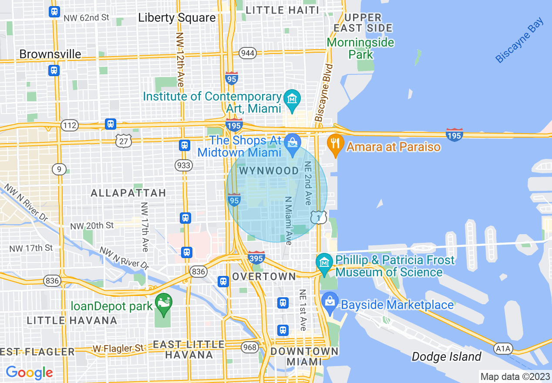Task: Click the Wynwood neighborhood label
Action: [x=269, y=171]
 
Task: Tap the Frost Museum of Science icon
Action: [x=324, y=263]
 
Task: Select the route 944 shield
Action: [x=248, y=53]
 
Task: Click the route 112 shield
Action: [x=70, y=126]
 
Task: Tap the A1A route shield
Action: [x=504, y=349]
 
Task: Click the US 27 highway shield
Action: [x=124, y=140]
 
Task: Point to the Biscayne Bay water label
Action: [x=520, y=40]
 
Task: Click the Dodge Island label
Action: [x=446, y=357]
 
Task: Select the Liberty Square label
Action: [x=177, y=18]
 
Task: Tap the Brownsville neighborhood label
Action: [x=50, y=54]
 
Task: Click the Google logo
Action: [x=29, y=373]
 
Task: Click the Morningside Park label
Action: [x=360, y=48]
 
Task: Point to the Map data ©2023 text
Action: [x=514, y=376]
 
